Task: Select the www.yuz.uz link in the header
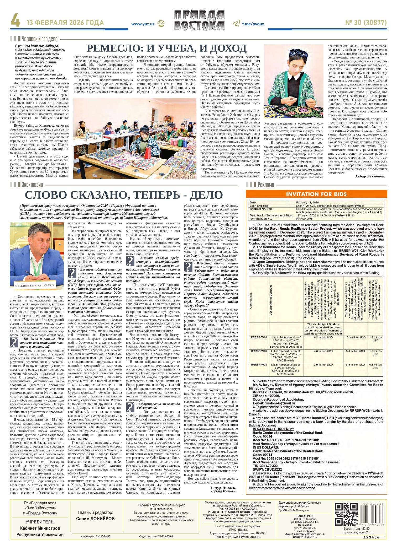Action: pos(143,24)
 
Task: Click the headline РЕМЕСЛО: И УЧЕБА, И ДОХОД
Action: pos(167,48)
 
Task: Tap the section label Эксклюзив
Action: pos(32,185)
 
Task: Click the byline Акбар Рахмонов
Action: pos(370,176)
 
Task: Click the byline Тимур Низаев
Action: pos(223,487)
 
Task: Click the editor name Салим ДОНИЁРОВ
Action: pos(95,519)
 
